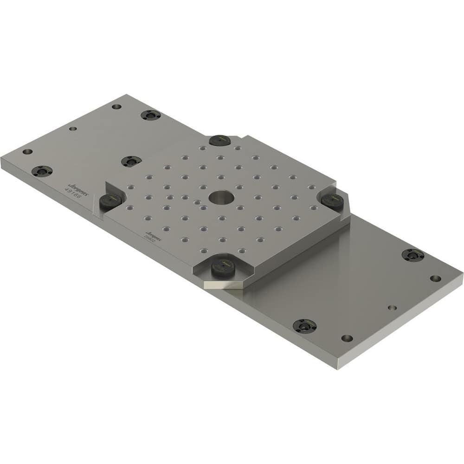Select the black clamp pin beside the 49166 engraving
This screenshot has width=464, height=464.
pyautogui.click(x=111, y=200)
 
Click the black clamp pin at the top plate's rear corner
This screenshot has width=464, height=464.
pyautogui.click(x=219, y=140)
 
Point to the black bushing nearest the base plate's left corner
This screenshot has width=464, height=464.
pyautogui.click(x=42, y=171)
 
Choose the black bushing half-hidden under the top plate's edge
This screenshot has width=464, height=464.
pyautogui.click(x=131, y=161)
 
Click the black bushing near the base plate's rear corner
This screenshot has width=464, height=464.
pyautogui.click(x=150, y=115)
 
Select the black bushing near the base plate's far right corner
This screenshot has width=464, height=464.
pyautogui.click(x=412, y=255)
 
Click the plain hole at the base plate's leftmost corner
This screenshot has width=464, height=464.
pyautogui.click(x=27, y=152)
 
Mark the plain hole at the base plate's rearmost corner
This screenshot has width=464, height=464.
pyautogui.click(x=116, y=106)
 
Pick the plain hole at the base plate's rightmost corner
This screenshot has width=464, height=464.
pyautogui.click(x=435, y=278)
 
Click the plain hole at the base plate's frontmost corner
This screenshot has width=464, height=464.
pyautogui.click(x=347, y=338)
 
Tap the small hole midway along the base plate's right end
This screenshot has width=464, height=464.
pyautogui.click(x=392, y=308)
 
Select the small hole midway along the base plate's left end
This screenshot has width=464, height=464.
pyautogui.click(x=72, y=129)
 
